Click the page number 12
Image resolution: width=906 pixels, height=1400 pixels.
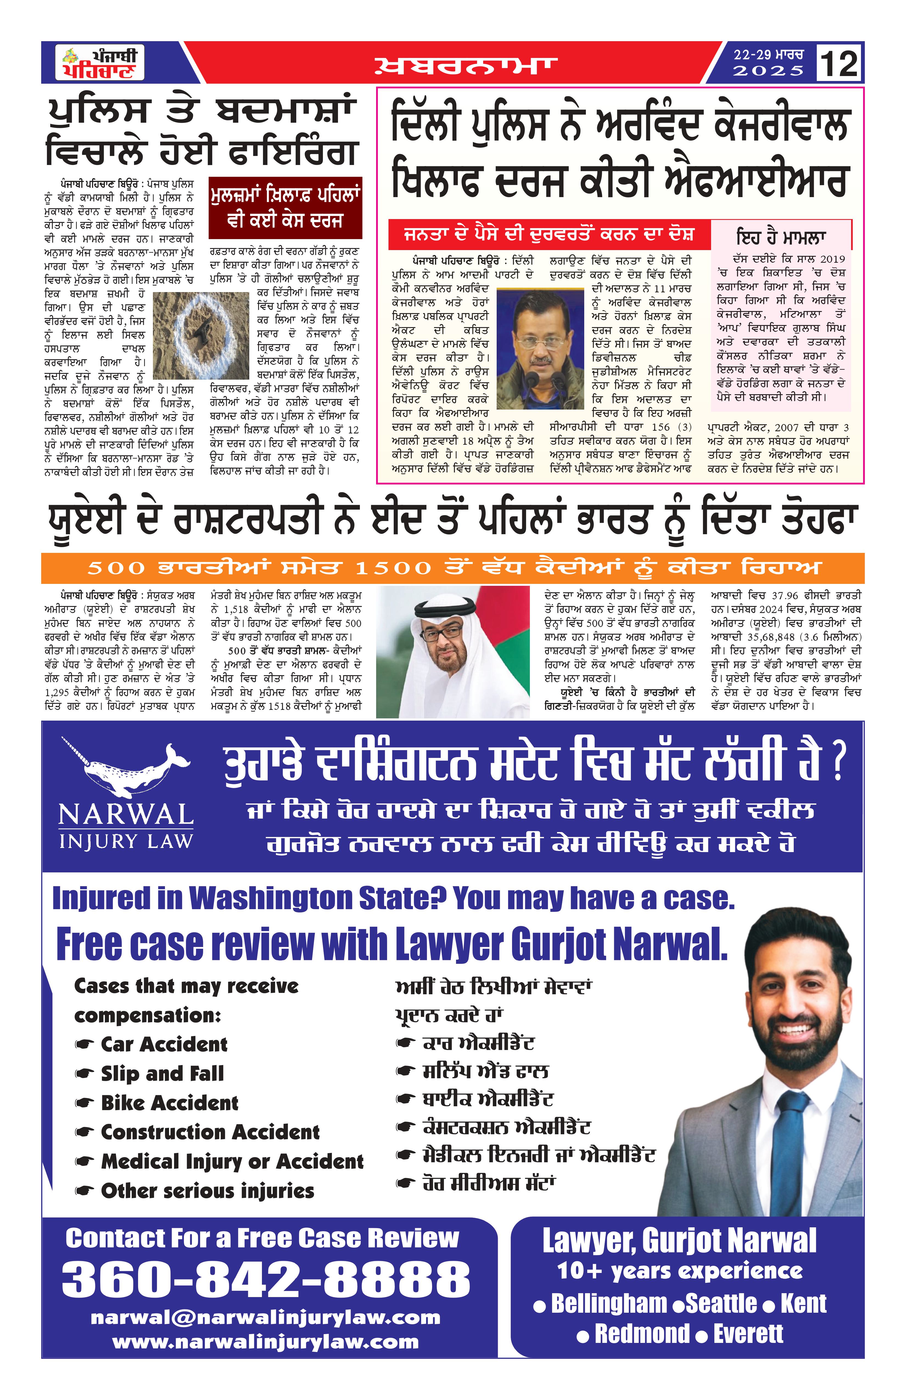(x=838, y=63)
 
